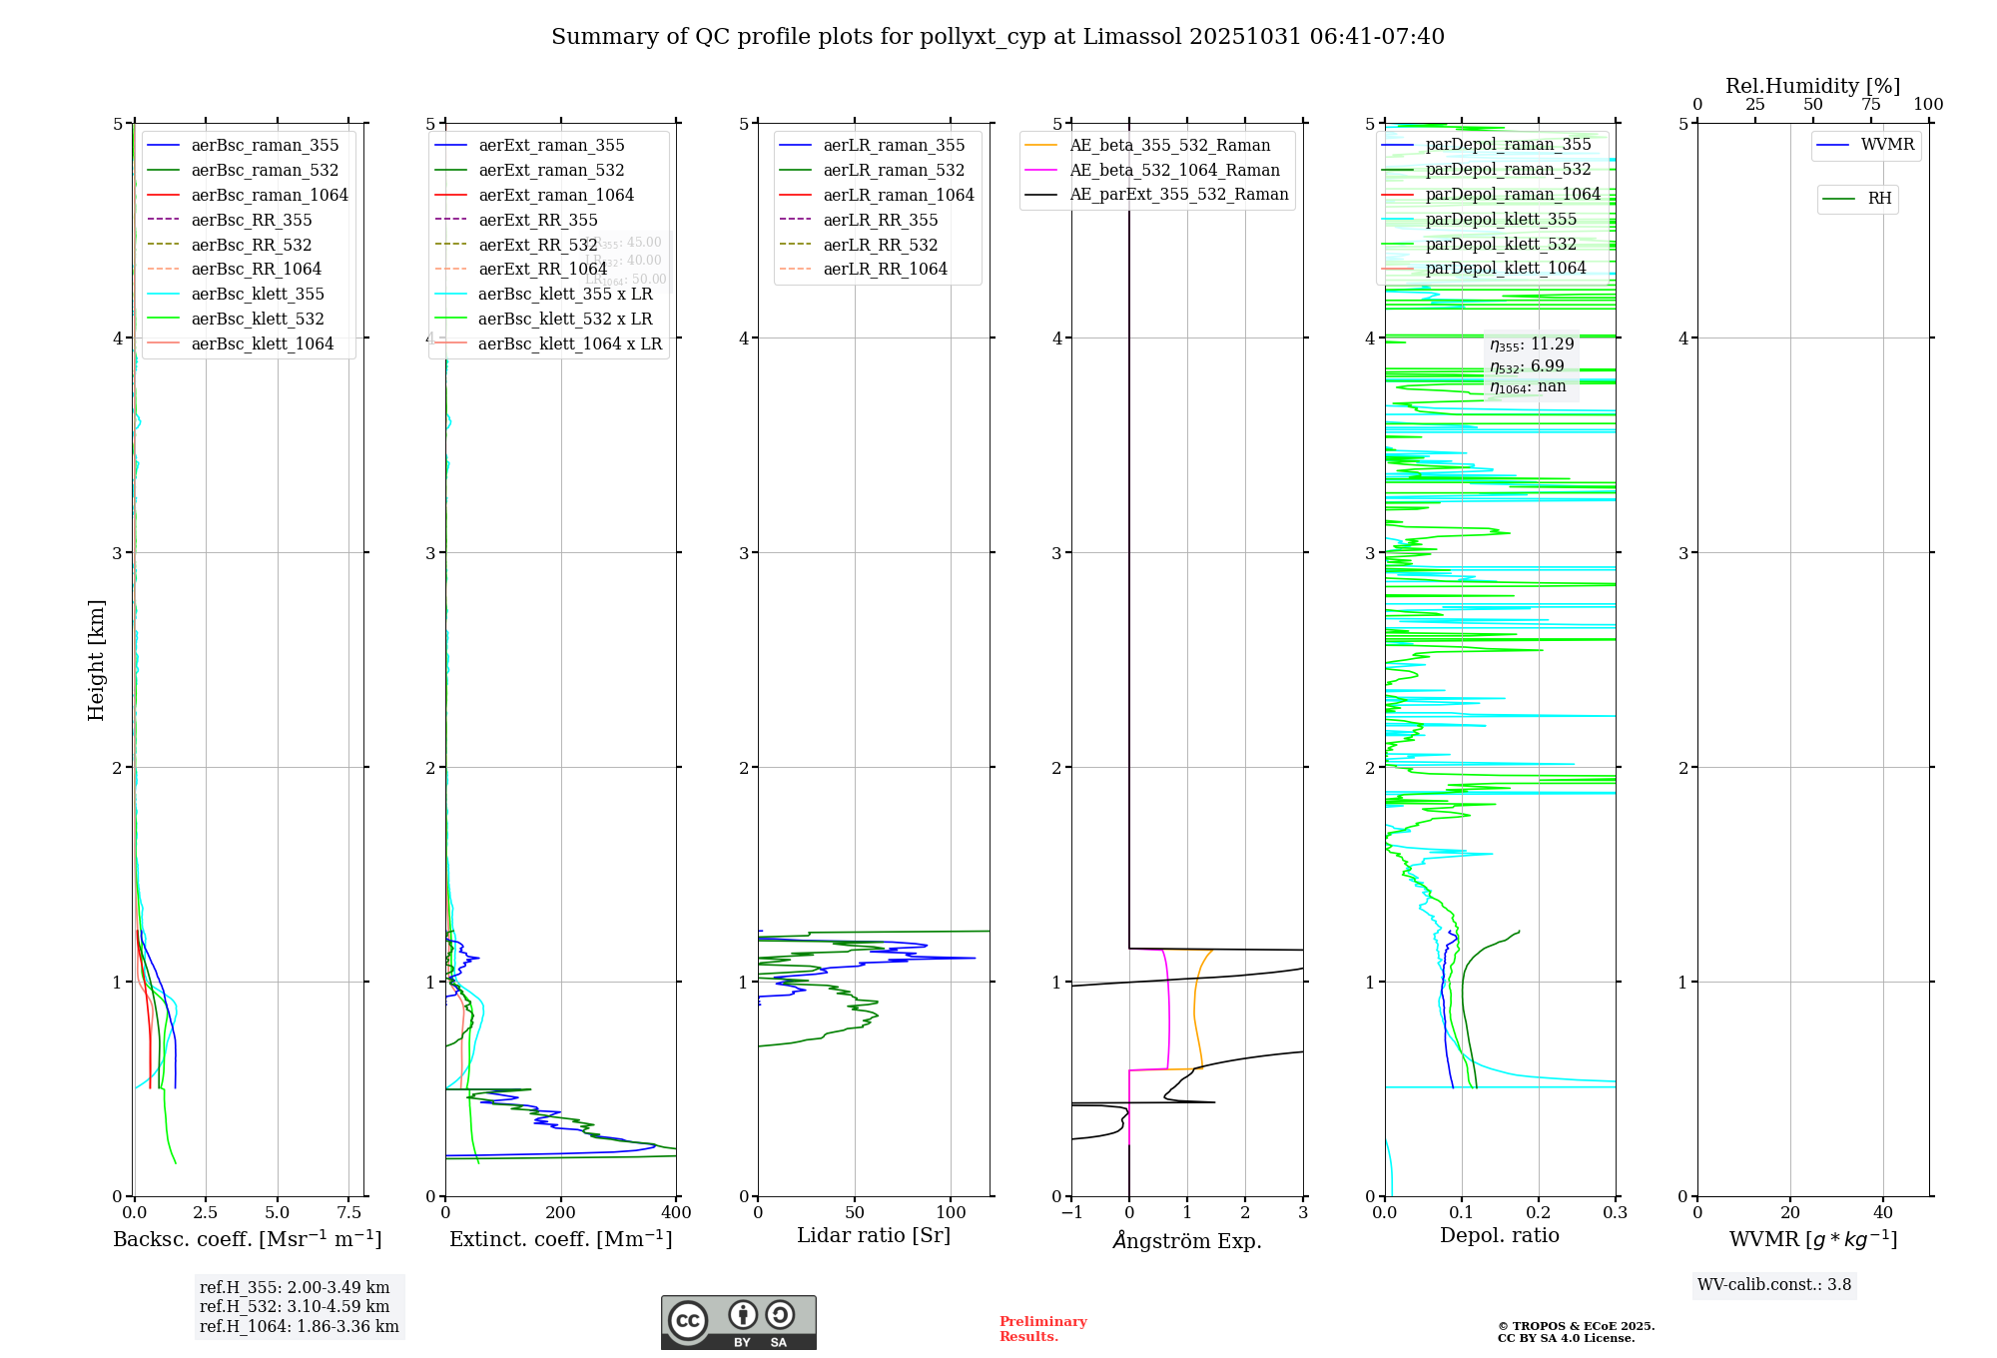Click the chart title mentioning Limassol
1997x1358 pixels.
click(x=998, y=37)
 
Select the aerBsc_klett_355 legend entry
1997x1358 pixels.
click(x=258, y=294)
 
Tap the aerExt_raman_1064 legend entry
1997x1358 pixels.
click(x=556, y=195)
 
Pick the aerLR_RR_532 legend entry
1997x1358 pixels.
click(x=880, y=245)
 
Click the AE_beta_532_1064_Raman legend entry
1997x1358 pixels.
click(x=1174, y=170)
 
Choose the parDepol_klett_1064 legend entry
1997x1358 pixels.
click(x=1505, y=268)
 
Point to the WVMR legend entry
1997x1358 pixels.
click(x=1887, y=145)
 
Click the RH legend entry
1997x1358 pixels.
click(x=1879, y=199)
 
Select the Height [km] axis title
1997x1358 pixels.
click(x=96, y=659)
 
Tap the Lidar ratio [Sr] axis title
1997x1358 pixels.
click(x=874, y=1235)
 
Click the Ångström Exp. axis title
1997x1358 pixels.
click(x=1187, y=1240)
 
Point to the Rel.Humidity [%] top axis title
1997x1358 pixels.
click(x=1812, y=86)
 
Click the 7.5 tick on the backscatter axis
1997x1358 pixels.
click(x=349, y=1212)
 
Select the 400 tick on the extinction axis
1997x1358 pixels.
click(x=676, y=1212)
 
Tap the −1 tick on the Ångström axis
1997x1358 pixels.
click(x=1071, y=1212)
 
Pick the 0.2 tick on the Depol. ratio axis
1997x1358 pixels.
click(x=1539, y=1212)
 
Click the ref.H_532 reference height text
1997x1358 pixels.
click(x=295, y=1306)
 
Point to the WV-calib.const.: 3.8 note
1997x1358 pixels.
click(x=1774, y=1284)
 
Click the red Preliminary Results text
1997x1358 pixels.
click(x=1042, y=1328)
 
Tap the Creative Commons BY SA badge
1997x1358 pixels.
click(x=738, y=1322)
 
